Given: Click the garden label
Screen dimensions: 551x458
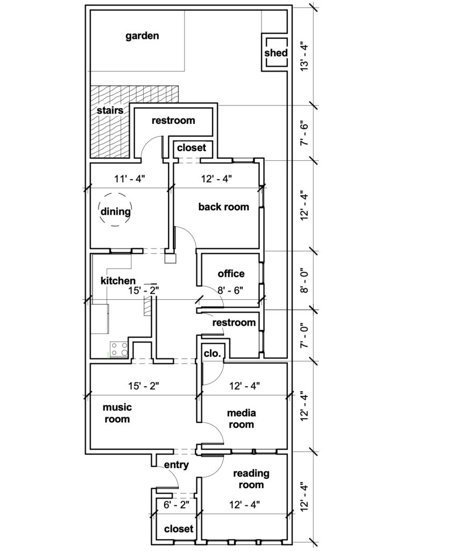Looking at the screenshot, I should click(x=142, y=37).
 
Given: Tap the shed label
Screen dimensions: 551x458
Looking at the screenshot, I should click(x=276, y=53).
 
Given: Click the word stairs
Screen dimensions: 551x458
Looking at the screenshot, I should click(x=110, y=111).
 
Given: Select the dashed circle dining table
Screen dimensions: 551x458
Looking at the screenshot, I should click(x=116, y=210).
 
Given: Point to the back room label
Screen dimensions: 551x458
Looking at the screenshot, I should click(x=223, y=207).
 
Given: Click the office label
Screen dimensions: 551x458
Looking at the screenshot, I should click(x=231, y=274).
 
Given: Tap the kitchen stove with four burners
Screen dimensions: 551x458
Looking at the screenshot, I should click(x=119, y=350).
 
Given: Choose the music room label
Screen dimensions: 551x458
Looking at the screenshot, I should click(x=117, y=413).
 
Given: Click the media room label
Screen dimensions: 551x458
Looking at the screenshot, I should click(x=241, y=419).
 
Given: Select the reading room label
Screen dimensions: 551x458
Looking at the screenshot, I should click(x=251, y=479).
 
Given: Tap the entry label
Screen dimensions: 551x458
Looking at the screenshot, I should click(x=176, y=465).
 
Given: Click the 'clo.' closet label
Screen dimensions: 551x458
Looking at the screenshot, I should click(x=212, y=354).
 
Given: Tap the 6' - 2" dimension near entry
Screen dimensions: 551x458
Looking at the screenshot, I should click(x=176, y=505).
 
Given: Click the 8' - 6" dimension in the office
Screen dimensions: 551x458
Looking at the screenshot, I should click(x=230, y=291).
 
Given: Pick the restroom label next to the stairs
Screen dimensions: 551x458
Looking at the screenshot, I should click(x=173, y=121).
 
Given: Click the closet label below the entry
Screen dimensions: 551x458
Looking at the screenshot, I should click(x=179, y=529).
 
